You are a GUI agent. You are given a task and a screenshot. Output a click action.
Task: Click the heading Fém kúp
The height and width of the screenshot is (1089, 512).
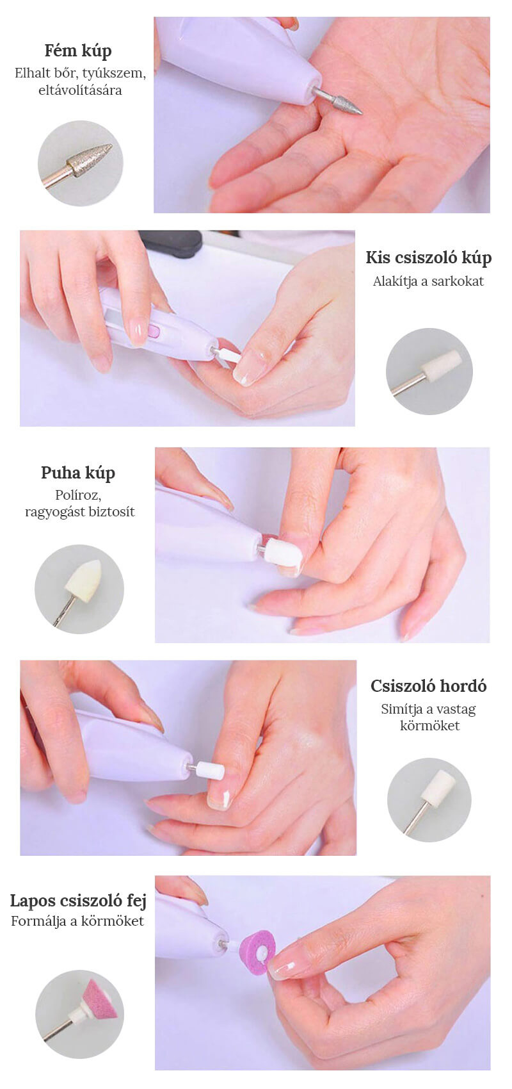(78, 51)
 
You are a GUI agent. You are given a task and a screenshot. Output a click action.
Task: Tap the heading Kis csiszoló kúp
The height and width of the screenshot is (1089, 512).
(428, 258)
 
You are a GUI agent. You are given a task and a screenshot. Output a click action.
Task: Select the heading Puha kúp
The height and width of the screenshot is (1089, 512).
(77, 473)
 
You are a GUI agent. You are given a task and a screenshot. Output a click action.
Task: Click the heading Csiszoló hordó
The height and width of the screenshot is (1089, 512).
(428, 686)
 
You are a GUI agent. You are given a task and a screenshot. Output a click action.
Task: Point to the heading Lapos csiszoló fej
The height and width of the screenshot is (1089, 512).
(78, 901)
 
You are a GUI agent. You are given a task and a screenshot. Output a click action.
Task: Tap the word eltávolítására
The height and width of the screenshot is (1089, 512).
(80, 90)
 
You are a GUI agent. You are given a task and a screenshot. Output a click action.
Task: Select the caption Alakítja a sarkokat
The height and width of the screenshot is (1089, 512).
(428, 281)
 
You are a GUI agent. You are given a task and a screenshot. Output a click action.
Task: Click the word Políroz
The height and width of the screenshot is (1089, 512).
(78, 495)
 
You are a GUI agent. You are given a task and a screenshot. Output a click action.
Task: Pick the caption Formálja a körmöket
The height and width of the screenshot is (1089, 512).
(77, 921)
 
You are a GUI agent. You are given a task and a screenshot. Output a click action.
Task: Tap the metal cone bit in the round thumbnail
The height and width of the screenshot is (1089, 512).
(91, 158)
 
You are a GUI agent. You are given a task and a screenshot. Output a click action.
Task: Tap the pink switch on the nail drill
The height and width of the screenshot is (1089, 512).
(154, 332)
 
